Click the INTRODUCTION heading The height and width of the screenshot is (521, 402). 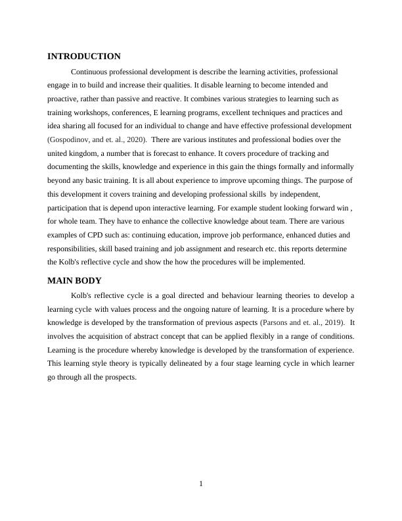click(x=84, y=57)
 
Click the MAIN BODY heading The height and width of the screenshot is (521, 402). click(x=74, y=280)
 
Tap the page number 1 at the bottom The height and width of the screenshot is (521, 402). click(x=201, y=485)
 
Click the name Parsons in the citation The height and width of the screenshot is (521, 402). click(x=277, y=322)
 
